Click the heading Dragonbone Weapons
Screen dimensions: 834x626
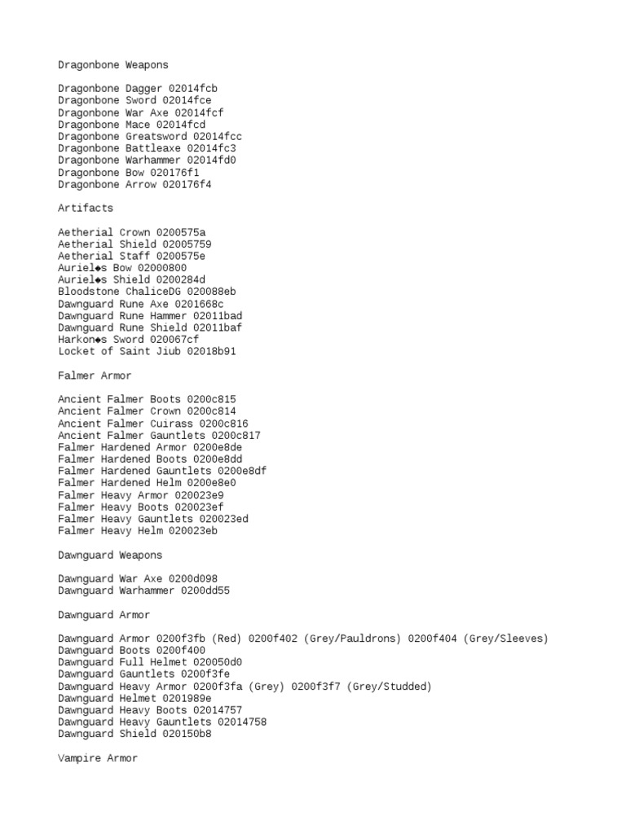coord(113,64)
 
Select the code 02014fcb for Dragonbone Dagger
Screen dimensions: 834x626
coord(193,89)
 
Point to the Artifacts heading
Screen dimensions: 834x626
coord(86,208)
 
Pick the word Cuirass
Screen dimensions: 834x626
coord(171,424)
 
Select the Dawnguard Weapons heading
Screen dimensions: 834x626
coord(110,555)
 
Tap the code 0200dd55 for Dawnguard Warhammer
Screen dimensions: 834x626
coord(205,590)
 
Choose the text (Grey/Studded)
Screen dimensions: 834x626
coord(390,687)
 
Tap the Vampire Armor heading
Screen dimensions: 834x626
coord(98,758)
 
